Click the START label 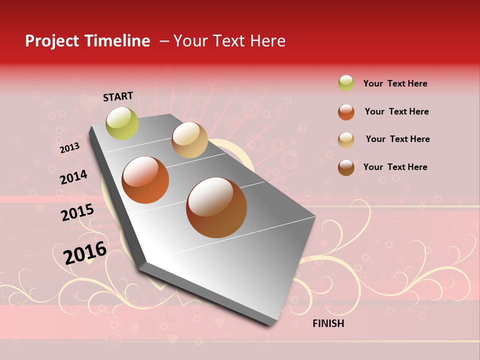(x=118, y=96)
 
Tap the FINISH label (x=328, y=323)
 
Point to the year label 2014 (x=73, y=177)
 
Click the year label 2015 (x=77, y=212)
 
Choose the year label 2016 (x=85, y=252)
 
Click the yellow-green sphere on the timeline (x=122, y=123)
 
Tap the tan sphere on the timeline (x=189, y=140)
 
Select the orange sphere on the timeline (x=145, y=180)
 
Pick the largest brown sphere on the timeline (x=216, y=207)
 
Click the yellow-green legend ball (x=346, y=83)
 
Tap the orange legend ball (x=346, y=111)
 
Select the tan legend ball (x=346, y=139)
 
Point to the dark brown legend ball (x=346, y=167)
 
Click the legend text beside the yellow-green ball (x=395, y=83)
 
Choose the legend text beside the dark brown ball (x=395, y=167)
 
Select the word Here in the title (x=268, y=41)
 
